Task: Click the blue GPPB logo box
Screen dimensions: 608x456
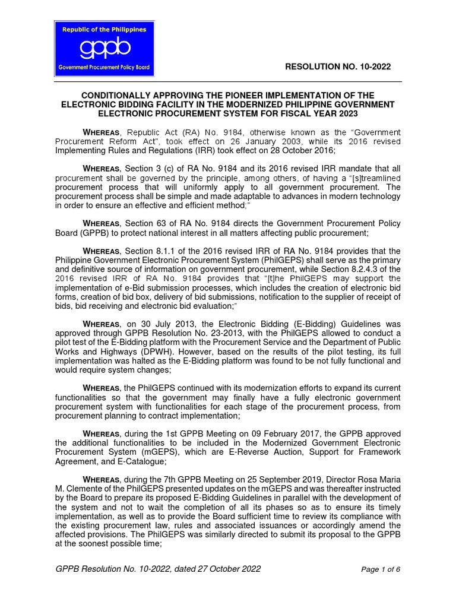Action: click(x=104, y=49)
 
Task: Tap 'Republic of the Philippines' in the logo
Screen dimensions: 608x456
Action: click(x=104, y=28)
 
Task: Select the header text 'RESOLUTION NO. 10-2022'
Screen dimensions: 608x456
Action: click(x=338, y=66)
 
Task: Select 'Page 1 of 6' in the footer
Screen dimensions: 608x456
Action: click(x=381, y=569)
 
